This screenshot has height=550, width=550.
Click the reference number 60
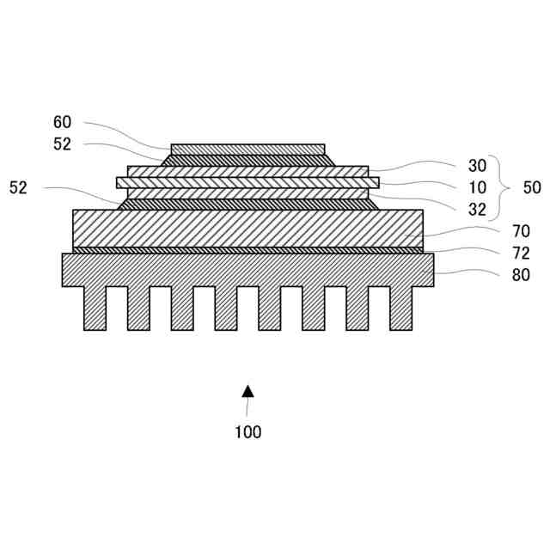pyautogui.click(x=62, y=123)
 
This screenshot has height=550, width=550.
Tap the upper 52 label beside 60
pyautogui.click(x=62, y=144)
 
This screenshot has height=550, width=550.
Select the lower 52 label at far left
pyautogui.click(x=18, y=187)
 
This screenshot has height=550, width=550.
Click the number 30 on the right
pyautogui.click(x=478, y=165)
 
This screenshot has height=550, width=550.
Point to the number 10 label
pyautogui.click(x=478, y=187)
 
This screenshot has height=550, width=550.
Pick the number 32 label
pyautogui.click(x=478, y=209)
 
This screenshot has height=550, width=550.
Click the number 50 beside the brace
pyautogui.click(x=532, y=187)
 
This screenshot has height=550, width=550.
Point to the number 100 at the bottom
pyautogui.click(x=247, y=432)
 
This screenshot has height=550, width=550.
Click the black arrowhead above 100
pyautogui.click(x=247, y=390)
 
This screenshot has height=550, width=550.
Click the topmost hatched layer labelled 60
pyautogui.click(x=248, y=150)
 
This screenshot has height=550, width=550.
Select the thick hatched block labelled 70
pyautogui.click(x=248, y=229)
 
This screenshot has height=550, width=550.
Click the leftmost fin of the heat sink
pyautogui.click(x=95, y=308)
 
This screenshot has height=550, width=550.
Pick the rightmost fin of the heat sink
pyautogui.click(x=400, y=308)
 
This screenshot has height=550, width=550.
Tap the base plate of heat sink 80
pyautogui.click(x=248, y=269)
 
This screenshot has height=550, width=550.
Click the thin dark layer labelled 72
pyautogui.click(x=248, y=250)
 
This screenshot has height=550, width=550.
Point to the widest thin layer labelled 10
pyautogui.click(x=248, y=182)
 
